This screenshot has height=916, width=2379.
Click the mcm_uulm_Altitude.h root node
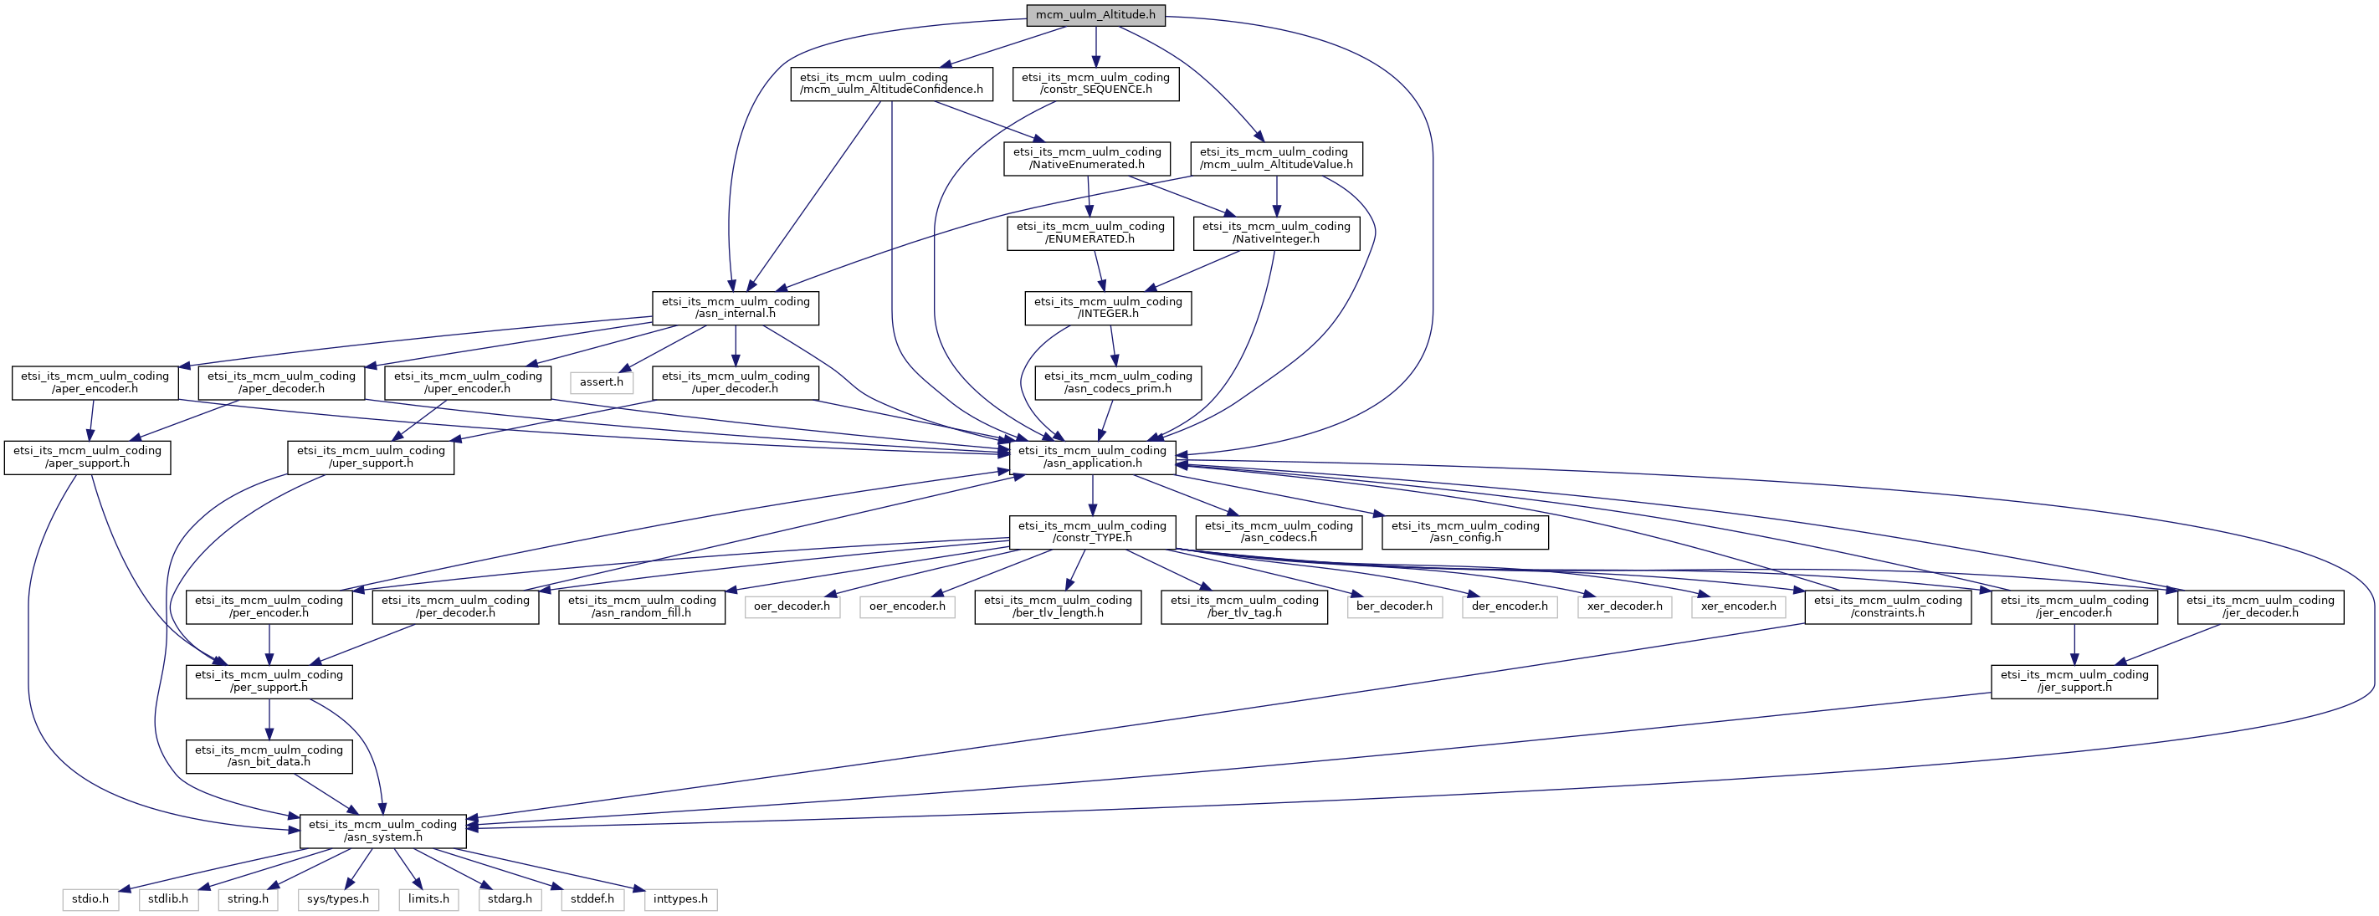pyautogui.click(x=1095, y=15)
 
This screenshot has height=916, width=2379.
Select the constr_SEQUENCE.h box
pyautogui.click(x=1095, y=83)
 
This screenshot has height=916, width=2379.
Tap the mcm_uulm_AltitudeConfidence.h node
pyautogui.click(x=891, y=83)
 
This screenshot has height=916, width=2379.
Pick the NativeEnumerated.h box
pyautogui.click(x=1087, y=158)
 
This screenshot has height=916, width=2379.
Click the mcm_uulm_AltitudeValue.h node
pyautogui.click(x=1276, y=158)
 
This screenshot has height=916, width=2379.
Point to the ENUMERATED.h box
pyautogui.click(x=1090, y=233)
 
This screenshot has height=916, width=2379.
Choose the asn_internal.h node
pyautogui.click(x=736, y=308)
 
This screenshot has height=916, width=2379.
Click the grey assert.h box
pyautogui.click(x=601, y=382)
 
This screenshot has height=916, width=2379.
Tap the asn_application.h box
pyautogui.click(x=1093, y=457)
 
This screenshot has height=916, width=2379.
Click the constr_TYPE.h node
pyautogui.click(x=1092, y=532)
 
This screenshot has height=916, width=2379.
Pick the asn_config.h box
pyautogui.click(x=1464, y=532)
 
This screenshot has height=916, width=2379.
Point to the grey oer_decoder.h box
pyautogui.click(x=792, y=606)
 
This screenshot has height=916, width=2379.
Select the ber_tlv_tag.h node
pyautogui.click(x=1244, y=606)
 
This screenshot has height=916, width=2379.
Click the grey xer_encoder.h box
pyautogui.click(x=1738, y=606)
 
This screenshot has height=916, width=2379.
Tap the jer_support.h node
pyautogui.click(x=2074, y=682)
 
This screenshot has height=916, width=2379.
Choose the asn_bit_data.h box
pyautogui.click(x=269, y=756)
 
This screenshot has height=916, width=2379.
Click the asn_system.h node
pyautogui.click(x=382, y=831)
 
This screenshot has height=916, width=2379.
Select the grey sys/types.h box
pyautogui.click(x=338, y=899)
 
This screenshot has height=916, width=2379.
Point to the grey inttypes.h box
pyautogui.click(x=680, y=899)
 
